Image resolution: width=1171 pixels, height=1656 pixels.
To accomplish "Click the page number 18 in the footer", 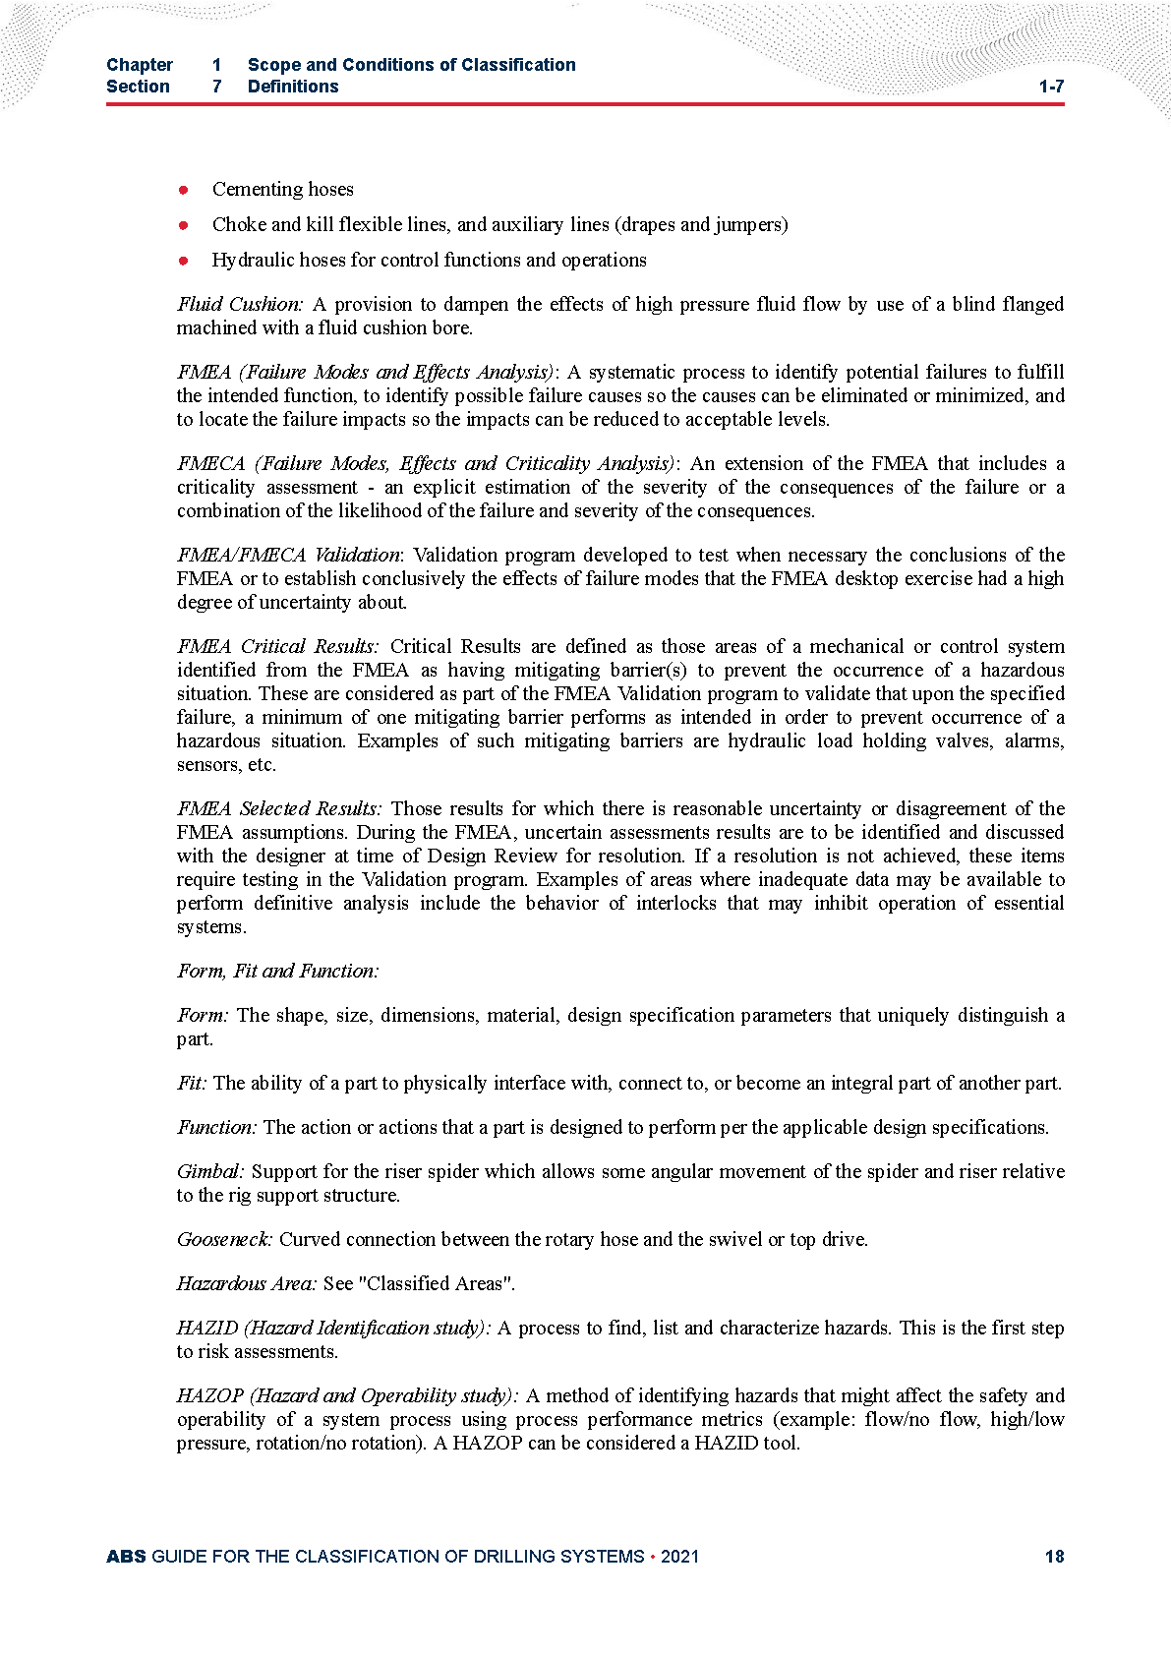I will [1054, 1556].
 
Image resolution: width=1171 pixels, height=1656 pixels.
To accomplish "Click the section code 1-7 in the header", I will [1051, 87].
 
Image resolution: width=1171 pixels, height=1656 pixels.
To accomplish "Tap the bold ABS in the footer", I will [126, 1556].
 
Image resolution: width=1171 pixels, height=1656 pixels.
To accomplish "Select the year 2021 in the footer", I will [679, 1556].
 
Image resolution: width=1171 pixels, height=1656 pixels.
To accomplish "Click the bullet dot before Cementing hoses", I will [183, 189].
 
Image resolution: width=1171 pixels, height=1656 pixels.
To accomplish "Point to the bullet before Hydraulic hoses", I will [183, 261].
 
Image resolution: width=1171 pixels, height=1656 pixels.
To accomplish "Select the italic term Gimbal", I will [210, 1171].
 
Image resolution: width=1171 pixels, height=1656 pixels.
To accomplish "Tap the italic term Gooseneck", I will [224, 1239].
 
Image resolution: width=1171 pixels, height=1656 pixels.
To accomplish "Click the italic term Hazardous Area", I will [246, 1283].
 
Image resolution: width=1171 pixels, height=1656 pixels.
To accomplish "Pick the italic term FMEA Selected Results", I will [279, 808].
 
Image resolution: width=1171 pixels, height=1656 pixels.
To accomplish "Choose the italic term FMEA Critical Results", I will [277, 646].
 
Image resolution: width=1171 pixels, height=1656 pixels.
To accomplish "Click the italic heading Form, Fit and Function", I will [277, 971].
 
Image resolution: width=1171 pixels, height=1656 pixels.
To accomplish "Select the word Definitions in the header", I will [293, 87].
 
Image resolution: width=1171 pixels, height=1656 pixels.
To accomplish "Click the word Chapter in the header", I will [140, 65].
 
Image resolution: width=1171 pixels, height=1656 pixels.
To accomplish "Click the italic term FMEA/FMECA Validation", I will [288, 555].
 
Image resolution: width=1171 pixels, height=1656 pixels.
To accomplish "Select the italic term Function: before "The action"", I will [216, 1127].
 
